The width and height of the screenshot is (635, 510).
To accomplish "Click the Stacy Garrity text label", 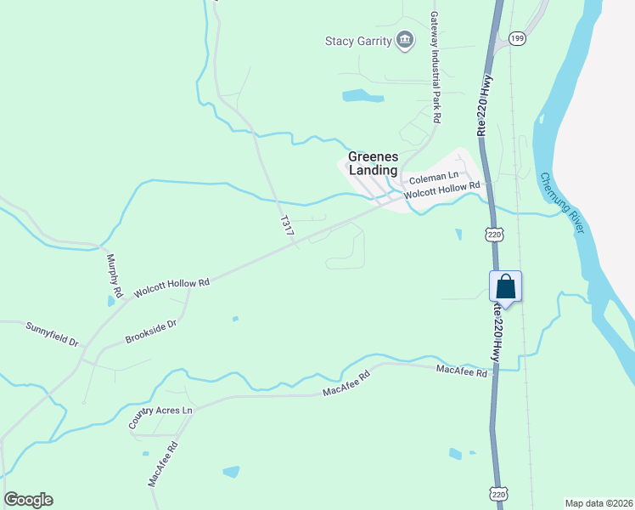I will click(358, 41).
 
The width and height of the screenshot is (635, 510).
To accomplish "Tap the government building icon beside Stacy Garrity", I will click(405, 40).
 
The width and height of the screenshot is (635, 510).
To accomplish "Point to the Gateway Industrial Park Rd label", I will click(435, 68).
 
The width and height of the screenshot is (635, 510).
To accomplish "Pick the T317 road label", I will click(288, 225).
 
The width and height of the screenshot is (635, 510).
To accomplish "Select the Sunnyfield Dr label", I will click(52, 333).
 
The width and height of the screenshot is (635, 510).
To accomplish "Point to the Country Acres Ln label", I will click(160, 417).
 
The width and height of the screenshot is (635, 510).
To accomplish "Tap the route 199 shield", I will click(517, 37).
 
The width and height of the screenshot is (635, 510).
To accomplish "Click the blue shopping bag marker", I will click(505, 286).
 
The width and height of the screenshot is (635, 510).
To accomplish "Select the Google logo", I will click(28, 500).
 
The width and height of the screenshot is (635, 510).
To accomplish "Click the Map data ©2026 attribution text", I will click(598, 502).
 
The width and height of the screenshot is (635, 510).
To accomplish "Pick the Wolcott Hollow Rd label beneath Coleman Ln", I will click(441, 190).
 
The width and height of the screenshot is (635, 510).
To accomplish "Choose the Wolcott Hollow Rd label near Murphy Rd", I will click(171, 287).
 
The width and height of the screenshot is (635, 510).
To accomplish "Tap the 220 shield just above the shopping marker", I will click(493, 233).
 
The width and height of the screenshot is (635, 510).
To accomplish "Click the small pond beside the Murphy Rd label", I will click(111, 300).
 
